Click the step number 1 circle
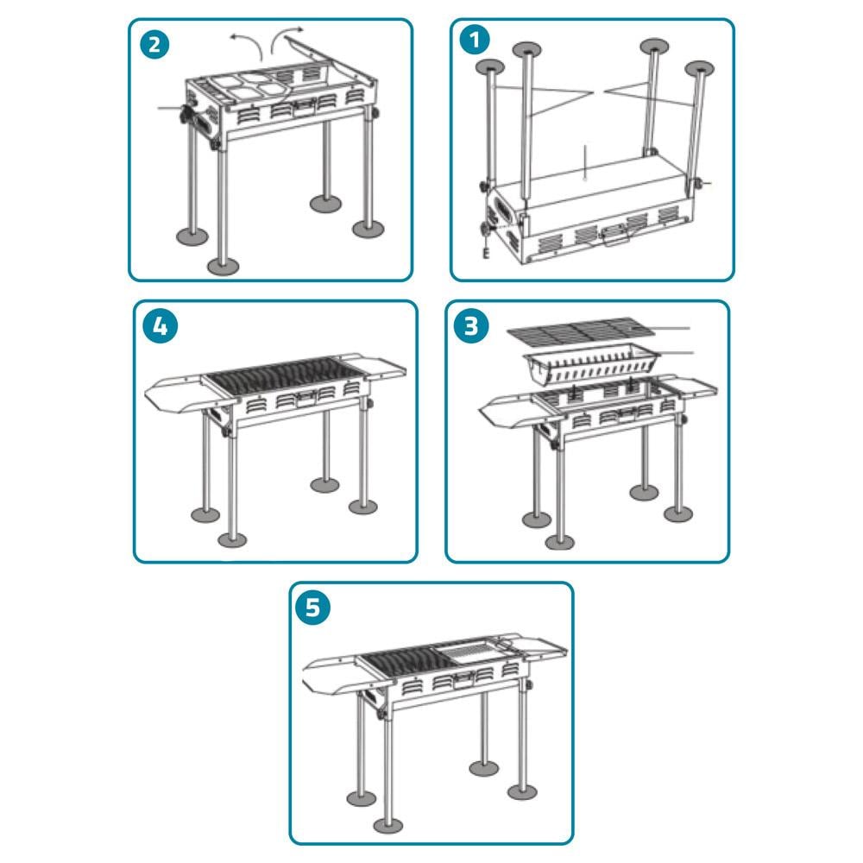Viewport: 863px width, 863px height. tap(475, 40)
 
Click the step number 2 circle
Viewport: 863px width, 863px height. tap(154, 44)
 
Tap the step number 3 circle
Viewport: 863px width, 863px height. tap(471, 326)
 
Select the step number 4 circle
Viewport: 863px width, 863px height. tap(160, 326)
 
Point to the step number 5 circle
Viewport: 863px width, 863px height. tap(312, 608)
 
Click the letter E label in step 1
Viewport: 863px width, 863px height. tap(486, 253)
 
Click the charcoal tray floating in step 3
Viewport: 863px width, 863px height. tap(592, 363)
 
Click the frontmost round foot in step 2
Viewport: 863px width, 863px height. tap(223, 267)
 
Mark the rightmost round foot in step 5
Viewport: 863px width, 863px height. tap(522, 792)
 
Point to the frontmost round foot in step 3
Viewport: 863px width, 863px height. tap(559, 543)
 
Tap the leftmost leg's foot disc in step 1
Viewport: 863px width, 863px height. tap(490, 67)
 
